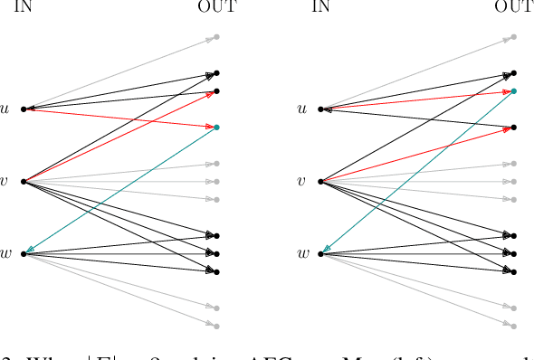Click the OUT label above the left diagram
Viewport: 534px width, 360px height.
click(x=217, y=7)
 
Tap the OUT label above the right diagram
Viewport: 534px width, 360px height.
click(x=515, y=7)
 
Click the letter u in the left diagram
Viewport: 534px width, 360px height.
click(x=7, y=109)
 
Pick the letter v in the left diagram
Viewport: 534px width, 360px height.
click(x=6, y=182)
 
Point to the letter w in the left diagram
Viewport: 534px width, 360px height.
click(x=7, y=253)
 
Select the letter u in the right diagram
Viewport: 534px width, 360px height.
click(x=303, y=109)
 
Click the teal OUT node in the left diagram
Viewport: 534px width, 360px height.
click(x=216, y=127)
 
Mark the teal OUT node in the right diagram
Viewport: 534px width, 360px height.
click(x=513, y=91)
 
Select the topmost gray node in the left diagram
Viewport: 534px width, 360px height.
click(x=216, y=36)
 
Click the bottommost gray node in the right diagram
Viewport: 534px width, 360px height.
click(x=513, y=326)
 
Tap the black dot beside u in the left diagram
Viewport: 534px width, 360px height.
click(x=24, y=109)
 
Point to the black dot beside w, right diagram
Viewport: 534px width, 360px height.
click(x=321, y=253)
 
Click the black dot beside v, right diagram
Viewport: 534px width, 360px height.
click(x=321, y=182)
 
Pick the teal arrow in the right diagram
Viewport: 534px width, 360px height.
click(x=417, y=172)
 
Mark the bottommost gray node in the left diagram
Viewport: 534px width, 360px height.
click(x=216, y=326)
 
